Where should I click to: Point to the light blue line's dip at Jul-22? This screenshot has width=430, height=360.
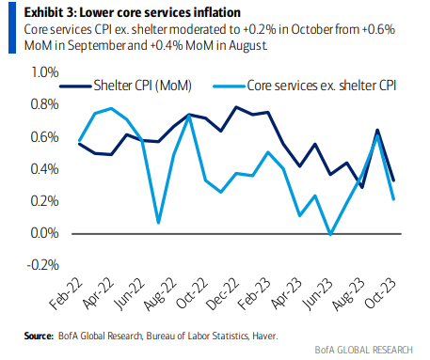tap(158, 223)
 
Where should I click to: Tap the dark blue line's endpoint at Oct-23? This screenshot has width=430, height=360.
tap(393, 180)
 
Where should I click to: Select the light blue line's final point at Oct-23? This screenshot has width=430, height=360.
tap(393, 198)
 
